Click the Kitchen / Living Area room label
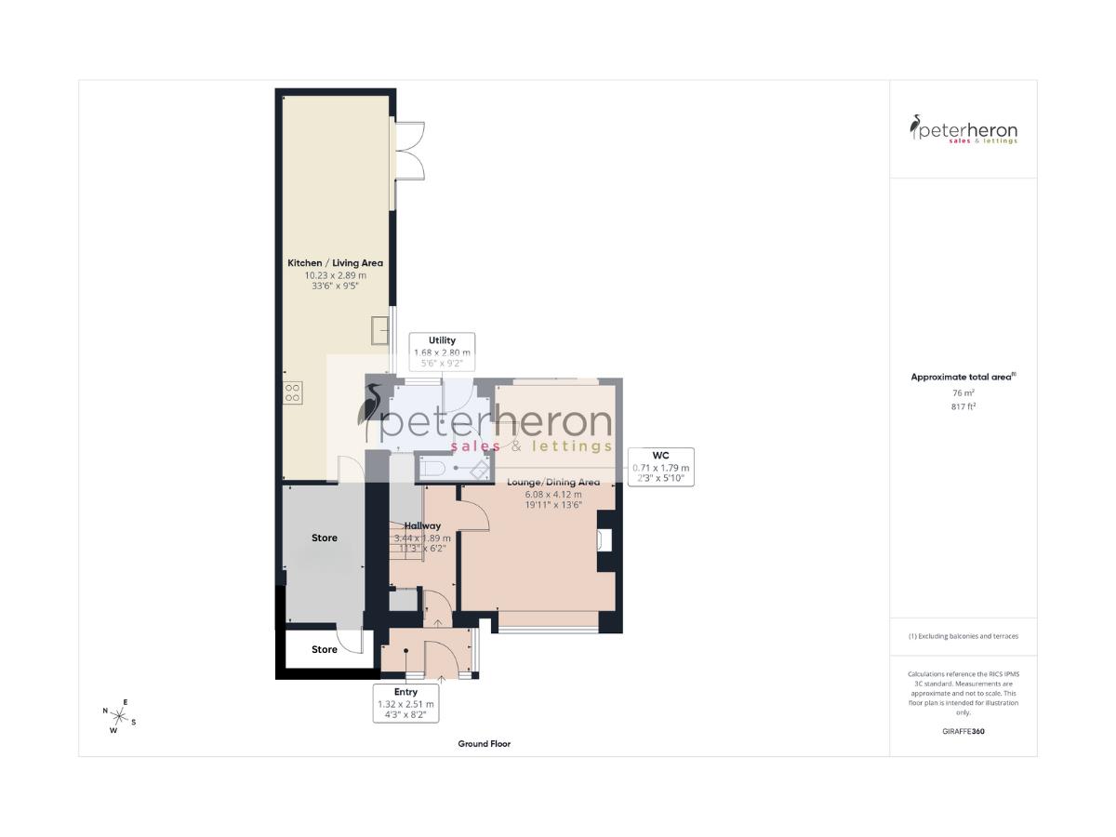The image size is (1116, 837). tap(335, 263)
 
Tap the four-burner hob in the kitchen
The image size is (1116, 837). tap(291, 392)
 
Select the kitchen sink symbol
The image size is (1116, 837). tap(379, 330)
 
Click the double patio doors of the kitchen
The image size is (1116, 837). tap(410, 151)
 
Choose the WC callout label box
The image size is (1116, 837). tap(661, 467)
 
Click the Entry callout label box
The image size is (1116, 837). tap(405, 704)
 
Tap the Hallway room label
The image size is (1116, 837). tap(422, 526)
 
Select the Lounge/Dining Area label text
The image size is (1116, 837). tap(553, 482)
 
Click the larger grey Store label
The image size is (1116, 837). tap(325, 538)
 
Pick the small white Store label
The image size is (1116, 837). tap(325, 649)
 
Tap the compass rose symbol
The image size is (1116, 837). tap(119, 716)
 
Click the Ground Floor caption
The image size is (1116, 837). tap(484, 744)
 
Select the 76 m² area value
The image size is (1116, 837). tap(963, 393)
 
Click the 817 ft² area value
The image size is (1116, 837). tap(963, 406)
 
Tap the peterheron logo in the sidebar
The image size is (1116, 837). tap(963, 129)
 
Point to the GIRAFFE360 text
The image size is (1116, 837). tap(963, 732)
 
